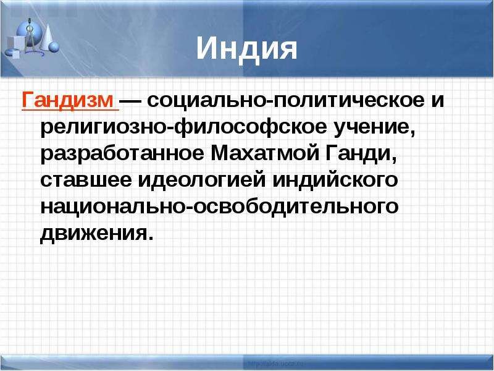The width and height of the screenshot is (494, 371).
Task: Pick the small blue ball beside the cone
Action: (54, 46)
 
